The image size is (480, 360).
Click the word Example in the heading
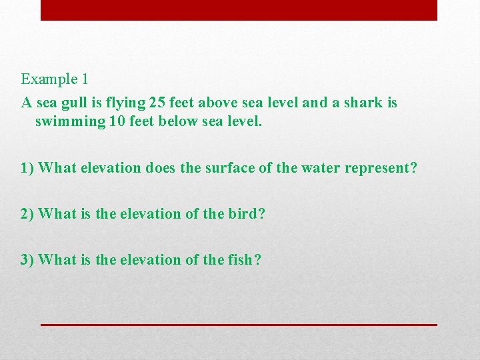click(x=49, y=79)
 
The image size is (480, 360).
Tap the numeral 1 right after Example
click(x=85, y=79)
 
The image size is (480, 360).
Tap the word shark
click(x=361, y=103)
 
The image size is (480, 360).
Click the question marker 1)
click(x=27, y=167)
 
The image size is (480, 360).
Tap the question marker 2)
click(x=27, y=214)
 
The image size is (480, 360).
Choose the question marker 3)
click(x=27, y=259)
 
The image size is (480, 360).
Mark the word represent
click(x=378, y=168)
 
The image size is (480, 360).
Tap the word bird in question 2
click(x=245, y=214)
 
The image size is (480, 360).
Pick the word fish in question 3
click(x=243, y=259)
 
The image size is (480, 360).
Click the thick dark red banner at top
click(x=239, y=10)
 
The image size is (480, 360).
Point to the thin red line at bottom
click(x=239, y=325)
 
